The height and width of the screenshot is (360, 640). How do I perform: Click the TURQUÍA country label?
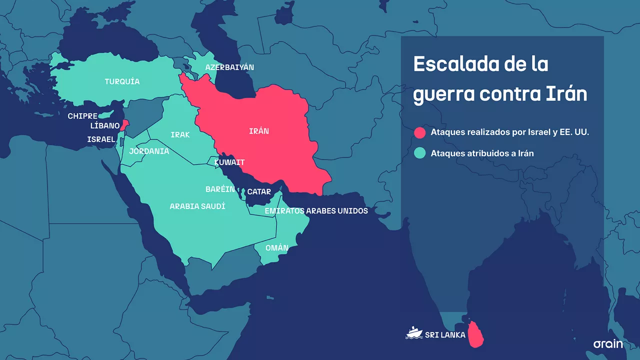coord(122,81)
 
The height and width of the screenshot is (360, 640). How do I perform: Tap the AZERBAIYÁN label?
coord(230,67)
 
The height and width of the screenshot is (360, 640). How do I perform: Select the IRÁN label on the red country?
coord(259,131)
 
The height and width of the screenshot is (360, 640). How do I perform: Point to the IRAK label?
coord(180,135)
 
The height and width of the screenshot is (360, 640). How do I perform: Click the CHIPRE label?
coord(82,116)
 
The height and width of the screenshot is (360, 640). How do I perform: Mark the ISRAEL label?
coord(101,139)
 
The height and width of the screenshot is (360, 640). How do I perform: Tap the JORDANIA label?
coord(149,151)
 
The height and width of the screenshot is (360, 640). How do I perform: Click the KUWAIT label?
coord(229,162)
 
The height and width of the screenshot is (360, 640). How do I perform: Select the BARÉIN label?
coord(220,189)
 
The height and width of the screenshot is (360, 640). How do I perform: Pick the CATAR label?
coord(259,192)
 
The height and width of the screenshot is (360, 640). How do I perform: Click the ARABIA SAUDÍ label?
coord(197,206)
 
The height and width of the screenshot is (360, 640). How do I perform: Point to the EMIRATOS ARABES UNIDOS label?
coord(316,211)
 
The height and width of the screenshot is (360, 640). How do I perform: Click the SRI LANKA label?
coord(445,334)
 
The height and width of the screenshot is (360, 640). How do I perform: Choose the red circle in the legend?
coord(420,132)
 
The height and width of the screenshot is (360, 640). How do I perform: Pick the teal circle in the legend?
coord(420,153)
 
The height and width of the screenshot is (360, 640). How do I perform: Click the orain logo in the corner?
coord(608,344)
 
